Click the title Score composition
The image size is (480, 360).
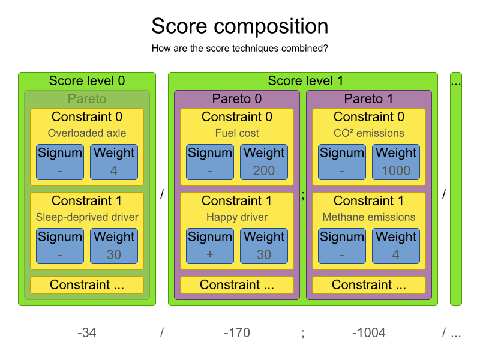click(x=239, y=26)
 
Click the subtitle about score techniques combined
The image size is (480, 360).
click(x=239, y=49)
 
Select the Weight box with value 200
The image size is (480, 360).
click(x=264, y=162)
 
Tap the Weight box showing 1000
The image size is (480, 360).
click(x=396, y=162)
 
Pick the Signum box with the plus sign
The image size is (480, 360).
click(x=210, y=246)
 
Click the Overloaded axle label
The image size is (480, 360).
click(x=87, y=133)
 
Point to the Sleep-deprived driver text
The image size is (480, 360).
click(x=87, y=217)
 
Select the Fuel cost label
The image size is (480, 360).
click(x=237, y=133)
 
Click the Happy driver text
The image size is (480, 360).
click(x=237, y=217)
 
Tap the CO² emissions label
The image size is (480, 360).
click(x=369, y=133)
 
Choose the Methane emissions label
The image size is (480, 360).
click(x=369, y=217)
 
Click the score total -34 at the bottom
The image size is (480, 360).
click(x=87, y=333)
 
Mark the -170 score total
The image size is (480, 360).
click(x=236, y=333)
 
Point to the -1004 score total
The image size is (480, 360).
click(x=368, y=333)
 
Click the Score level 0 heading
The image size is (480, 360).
click(x=87, y=81)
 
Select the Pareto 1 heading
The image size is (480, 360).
click(x=369, y=98)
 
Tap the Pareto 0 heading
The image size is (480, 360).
click(x=237, y=98)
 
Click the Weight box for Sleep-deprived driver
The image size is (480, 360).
click(x=114, y=246)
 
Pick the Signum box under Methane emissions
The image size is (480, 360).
click(x=342, y=246)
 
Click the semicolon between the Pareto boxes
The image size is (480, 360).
click(x=303, y=196)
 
